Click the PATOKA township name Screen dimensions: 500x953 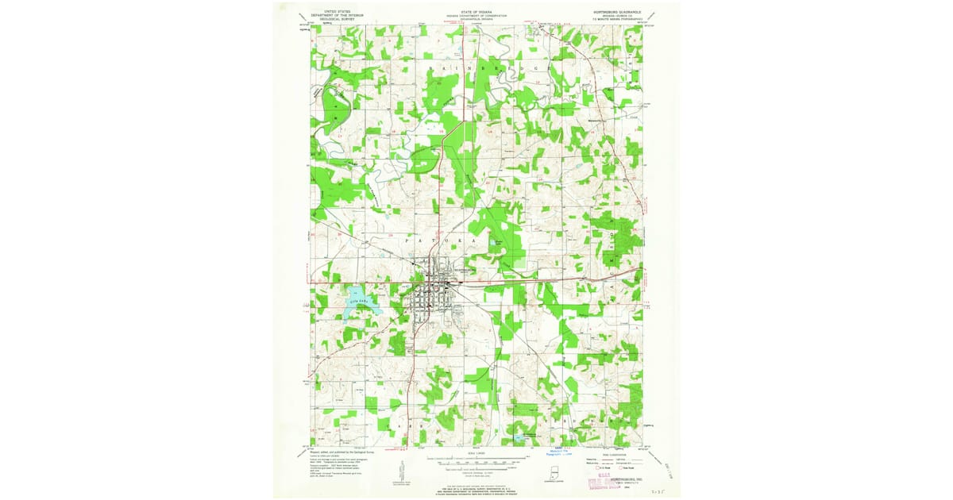445,238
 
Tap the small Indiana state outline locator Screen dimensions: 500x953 547,475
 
